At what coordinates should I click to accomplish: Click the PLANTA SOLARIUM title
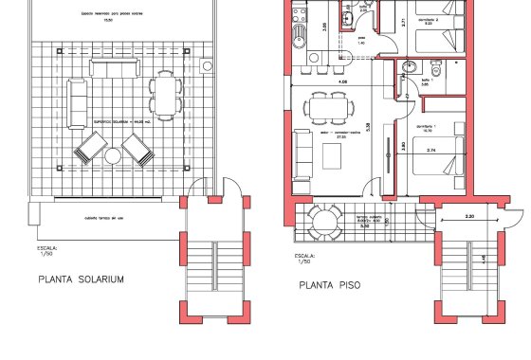[81, 280]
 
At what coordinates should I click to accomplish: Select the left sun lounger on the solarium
[91, 149]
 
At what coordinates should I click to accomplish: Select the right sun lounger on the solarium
[137, 150]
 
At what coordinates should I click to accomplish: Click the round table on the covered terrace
[324, 221]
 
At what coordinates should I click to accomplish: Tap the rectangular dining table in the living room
[325, 108]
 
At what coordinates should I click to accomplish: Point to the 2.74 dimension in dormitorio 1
[431, 150]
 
